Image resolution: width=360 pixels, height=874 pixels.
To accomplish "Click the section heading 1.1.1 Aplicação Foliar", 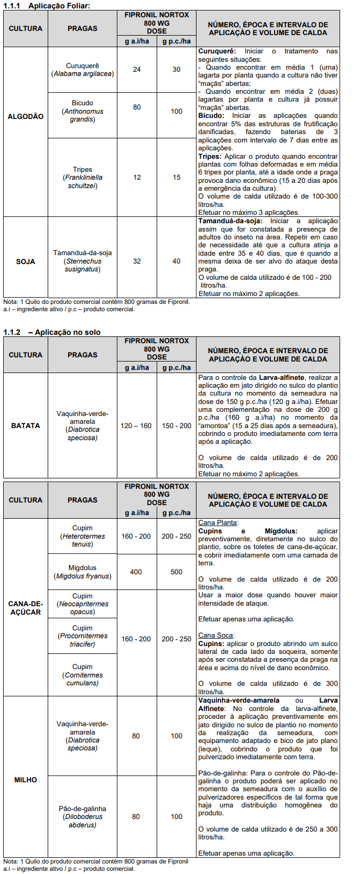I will point(47,5).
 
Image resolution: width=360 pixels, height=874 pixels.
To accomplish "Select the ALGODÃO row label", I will point(26,116).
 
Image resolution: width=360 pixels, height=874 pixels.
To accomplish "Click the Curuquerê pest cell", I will point(82,70).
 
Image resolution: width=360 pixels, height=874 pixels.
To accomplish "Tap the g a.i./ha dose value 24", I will point(137,69).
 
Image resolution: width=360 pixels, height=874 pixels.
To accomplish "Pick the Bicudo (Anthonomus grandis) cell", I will point(82,111).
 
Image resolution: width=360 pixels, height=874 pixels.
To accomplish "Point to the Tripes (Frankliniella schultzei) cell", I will point(82,178).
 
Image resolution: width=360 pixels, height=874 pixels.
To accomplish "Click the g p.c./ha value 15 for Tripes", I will point(177,178).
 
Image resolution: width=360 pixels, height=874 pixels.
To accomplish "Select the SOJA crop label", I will point(26,261).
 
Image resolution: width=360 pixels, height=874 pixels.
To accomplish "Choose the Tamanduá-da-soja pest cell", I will point(82,261).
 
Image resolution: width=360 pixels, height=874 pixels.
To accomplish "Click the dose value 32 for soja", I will point(137,261).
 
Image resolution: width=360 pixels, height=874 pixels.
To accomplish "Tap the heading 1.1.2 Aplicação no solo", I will point(52,332).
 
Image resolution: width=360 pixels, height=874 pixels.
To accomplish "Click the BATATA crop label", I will point(26,425).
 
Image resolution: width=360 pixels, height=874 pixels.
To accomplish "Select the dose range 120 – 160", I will point(136,425).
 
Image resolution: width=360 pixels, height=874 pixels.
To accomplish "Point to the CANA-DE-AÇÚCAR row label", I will point(26,608).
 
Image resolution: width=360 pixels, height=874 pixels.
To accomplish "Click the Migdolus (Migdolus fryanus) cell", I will point(82,572).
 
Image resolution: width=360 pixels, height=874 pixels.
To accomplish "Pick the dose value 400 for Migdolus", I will point(136,572).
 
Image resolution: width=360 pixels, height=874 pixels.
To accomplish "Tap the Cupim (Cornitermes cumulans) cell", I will point(82,675).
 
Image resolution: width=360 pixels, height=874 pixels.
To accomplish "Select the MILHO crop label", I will point(26,780).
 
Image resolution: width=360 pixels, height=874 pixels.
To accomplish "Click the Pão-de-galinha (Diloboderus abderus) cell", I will point(82,816).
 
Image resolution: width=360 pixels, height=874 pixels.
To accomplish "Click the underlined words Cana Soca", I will point(215,635).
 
